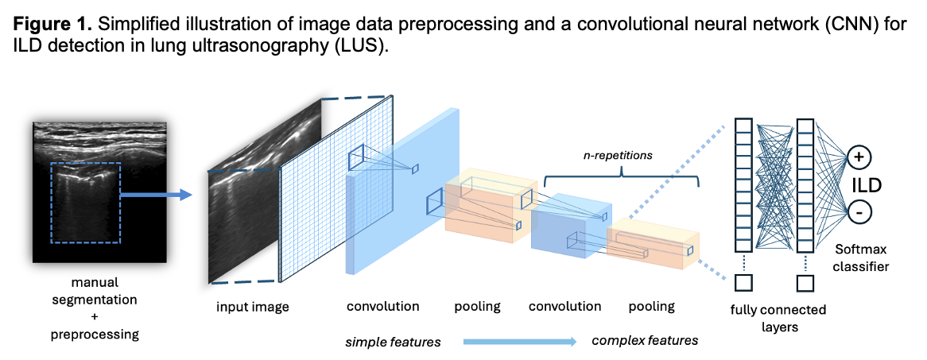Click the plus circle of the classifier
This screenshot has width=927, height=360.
(x=859, y=157)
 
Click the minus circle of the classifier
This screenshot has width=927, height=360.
(x=859, y=212)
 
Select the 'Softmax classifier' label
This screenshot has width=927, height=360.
(x=858, y=258)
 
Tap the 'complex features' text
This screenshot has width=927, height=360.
(x=645, y=341)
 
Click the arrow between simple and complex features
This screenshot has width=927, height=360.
(x=518, y=342)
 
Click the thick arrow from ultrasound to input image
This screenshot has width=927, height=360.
(x=155, y=193)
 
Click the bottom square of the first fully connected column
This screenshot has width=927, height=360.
(x=743, y=283)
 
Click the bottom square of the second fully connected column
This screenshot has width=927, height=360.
(x=805, y=283)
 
